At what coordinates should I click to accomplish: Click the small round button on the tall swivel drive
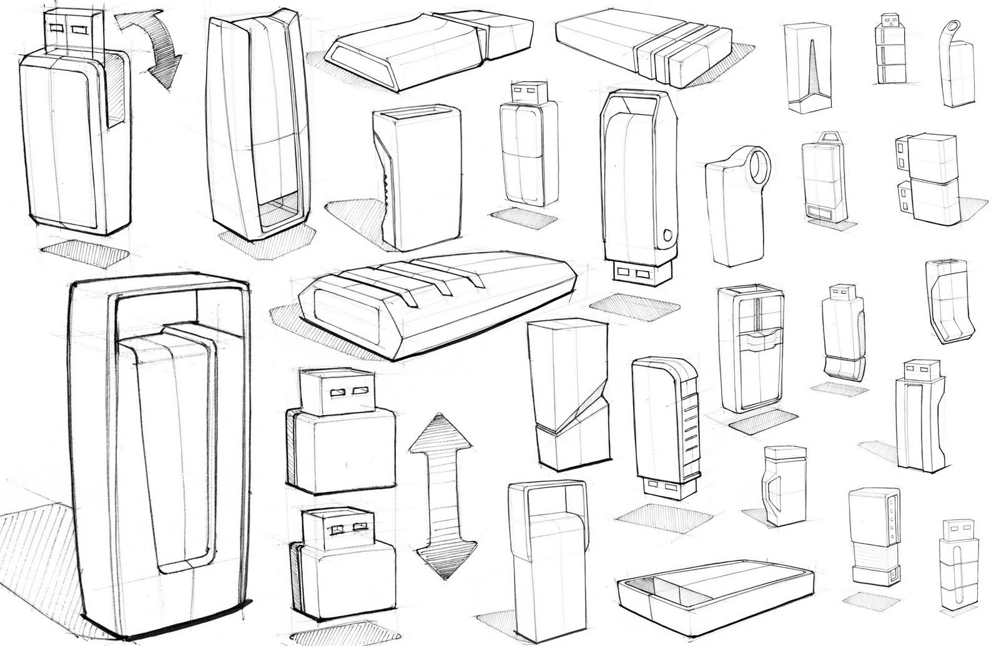click(670, 237)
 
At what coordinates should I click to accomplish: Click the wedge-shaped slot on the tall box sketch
click(810, 69)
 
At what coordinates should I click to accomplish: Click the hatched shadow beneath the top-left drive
click(84, 253)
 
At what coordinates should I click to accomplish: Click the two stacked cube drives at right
click(927, 178)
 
